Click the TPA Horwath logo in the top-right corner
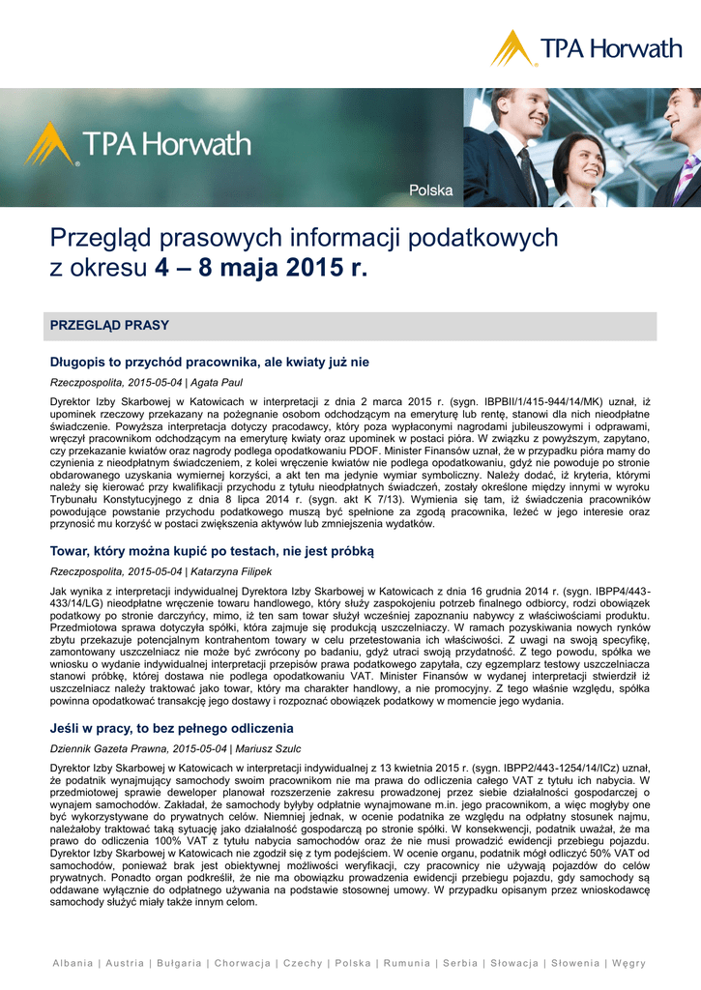click(585, 47)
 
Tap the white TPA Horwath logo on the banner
click(138, 145)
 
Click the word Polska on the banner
click(430, 190)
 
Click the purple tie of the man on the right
click(687, 175)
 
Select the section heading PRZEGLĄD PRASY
click(109, 326)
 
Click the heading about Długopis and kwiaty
click(210, 363)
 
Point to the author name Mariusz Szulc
click(268, 747)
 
